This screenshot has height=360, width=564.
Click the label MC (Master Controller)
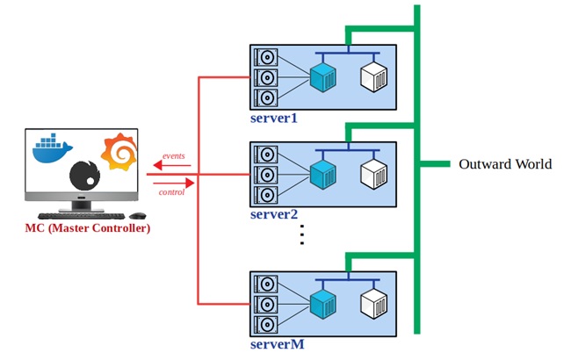coord(87,228)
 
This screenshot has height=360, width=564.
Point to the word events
coord(173,155)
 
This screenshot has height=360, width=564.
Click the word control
coord(171,191)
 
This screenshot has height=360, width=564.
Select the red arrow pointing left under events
coord(172,164)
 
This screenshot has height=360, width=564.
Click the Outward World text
coord(505,164)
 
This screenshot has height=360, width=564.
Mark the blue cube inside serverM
coord(323,305)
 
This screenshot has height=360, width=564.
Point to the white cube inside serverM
coord(374,305)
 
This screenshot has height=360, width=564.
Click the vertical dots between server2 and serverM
coord(301,235)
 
